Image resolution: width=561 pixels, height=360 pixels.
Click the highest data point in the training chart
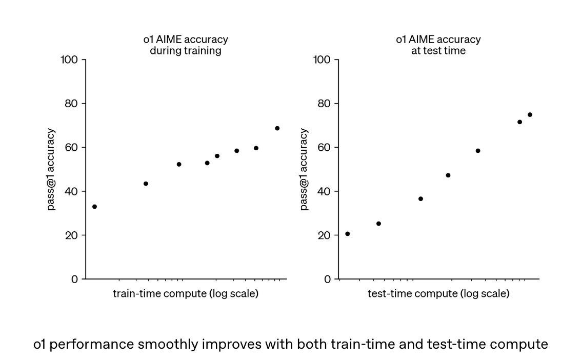pyautogui.click(x=277, y=128)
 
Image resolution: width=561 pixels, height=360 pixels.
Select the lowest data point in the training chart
pyautogui.click(x=94, y=207)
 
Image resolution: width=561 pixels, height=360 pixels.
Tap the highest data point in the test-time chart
pyautogui.click(x=530, y=115)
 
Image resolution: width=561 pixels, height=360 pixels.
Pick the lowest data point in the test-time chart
pyautogui.click(x=347, y=234)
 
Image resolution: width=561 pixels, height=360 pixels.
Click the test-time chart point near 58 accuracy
pyautogui.click(x=477, y=151)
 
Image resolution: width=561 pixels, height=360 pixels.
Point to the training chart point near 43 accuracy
pyautogui.click(x=146, y=184)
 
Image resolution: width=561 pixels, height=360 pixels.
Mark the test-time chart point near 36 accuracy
pyautogui.click(x=420, y=198)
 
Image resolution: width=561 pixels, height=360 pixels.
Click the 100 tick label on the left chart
pyautogui.click(x=69, y=60)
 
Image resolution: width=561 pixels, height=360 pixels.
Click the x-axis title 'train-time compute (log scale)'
pyautogui.click(x=185, y=294)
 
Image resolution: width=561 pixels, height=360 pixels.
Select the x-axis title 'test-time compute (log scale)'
pyautogui.click(x=438, y=294)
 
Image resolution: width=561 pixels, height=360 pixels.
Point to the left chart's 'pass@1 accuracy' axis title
pyautogui.click(x=52, y=169)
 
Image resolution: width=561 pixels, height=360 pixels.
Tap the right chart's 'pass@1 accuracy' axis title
pyautogui.click(x=304, y=169)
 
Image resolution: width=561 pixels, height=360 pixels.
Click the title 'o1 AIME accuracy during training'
pyautogui.click(x=185, y=45)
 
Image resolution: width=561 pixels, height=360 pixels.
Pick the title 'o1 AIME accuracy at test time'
pyautogui.click(x=438, y=45)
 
